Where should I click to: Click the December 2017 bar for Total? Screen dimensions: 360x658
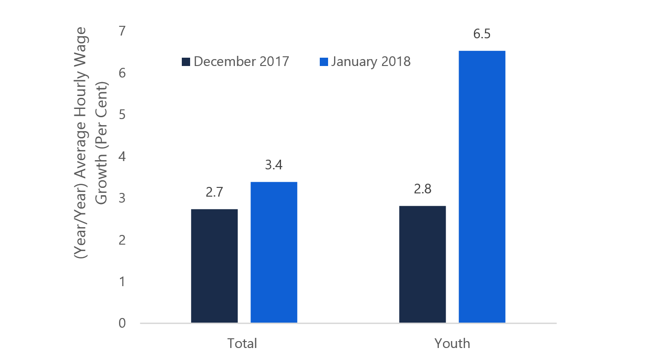coord(214,266)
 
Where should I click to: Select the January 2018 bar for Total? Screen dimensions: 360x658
coord(274,252)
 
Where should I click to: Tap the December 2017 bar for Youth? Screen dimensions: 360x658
coord(422,264)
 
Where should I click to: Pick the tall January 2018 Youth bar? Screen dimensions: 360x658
coord(482,186)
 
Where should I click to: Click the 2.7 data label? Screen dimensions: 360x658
coord(214,192)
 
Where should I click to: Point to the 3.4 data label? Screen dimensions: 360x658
coord(274,165)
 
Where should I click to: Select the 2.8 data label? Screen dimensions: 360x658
coord(422,189)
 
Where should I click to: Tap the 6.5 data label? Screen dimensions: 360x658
coord(482,34)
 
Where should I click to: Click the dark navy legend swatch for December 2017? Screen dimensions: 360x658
coord(186,62)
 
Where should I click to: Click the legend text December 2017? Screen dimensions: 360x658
coord(241,61)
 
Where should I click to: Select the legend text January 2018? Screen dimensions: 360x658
coord(370,61)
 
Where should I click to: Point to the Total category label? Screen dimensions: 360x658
coord(242,344)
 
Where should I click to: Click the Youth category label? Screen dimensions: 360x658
coord(452,344)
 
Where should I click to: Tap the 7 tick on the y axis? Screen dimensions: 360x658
coord(122,31)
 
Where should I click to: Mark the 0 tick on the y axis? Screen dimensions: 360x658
coord(122,323)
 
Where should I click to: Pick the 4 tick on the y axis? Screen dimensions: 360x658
coord(122,156)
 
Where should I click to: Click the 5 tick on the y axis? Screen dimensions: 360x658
coord(122,115)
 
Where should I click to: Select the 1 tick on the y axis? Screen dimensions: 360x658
coord(122,282)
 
